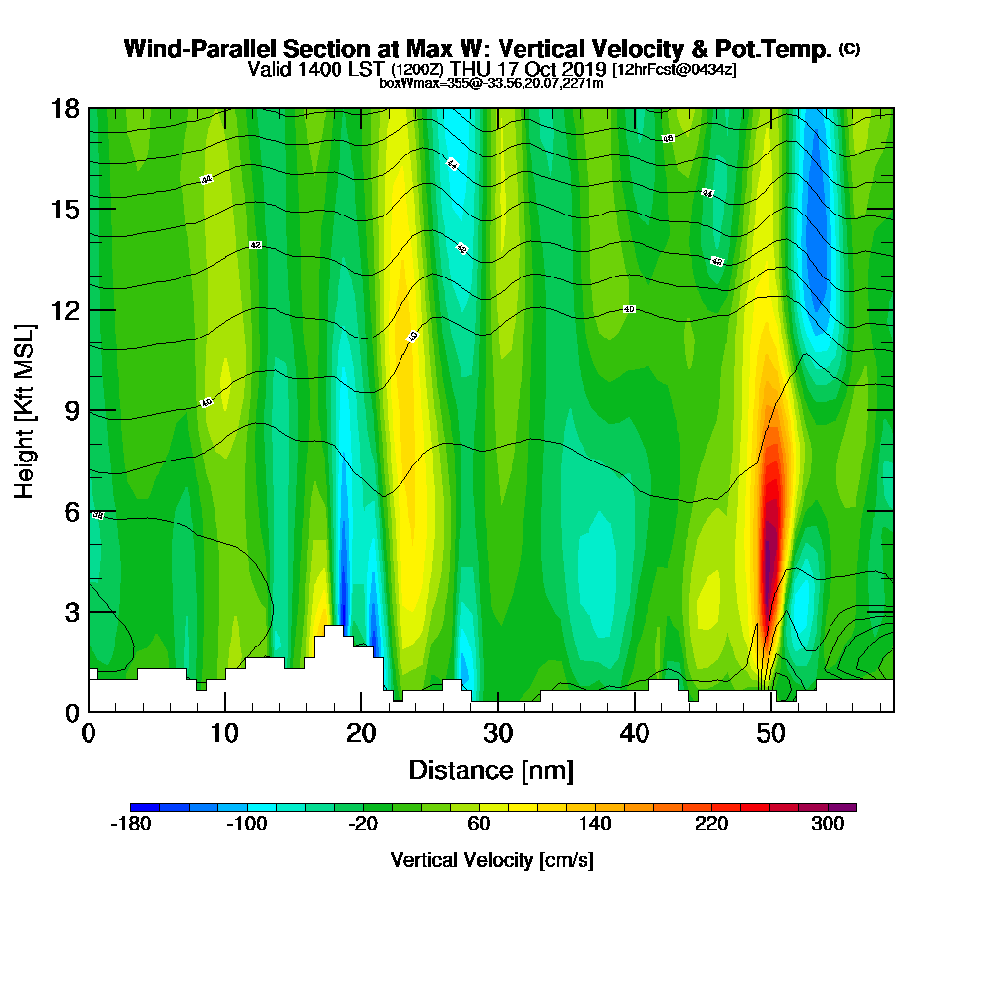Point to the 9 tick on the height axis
click(89, 410)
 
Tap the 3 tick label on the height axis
click(71, 612)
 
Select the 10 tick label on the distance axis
click(225, 733)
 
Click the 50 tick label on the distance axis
click(772, 733)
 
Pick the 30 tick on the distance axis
click(499, 711)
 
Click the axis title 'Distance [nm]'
click(491, 769)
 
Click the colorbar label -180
click(131, 825)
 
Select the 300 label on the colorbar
click(828, 825)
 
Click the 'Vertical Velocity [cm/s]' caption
click(492, 860)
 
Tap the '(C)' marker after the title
click(849, 49)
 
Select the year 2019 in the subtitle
click(584, 70)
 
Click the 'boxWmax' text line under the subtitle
click(491, 83)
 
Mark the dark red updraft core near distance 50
click(770, 531)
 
